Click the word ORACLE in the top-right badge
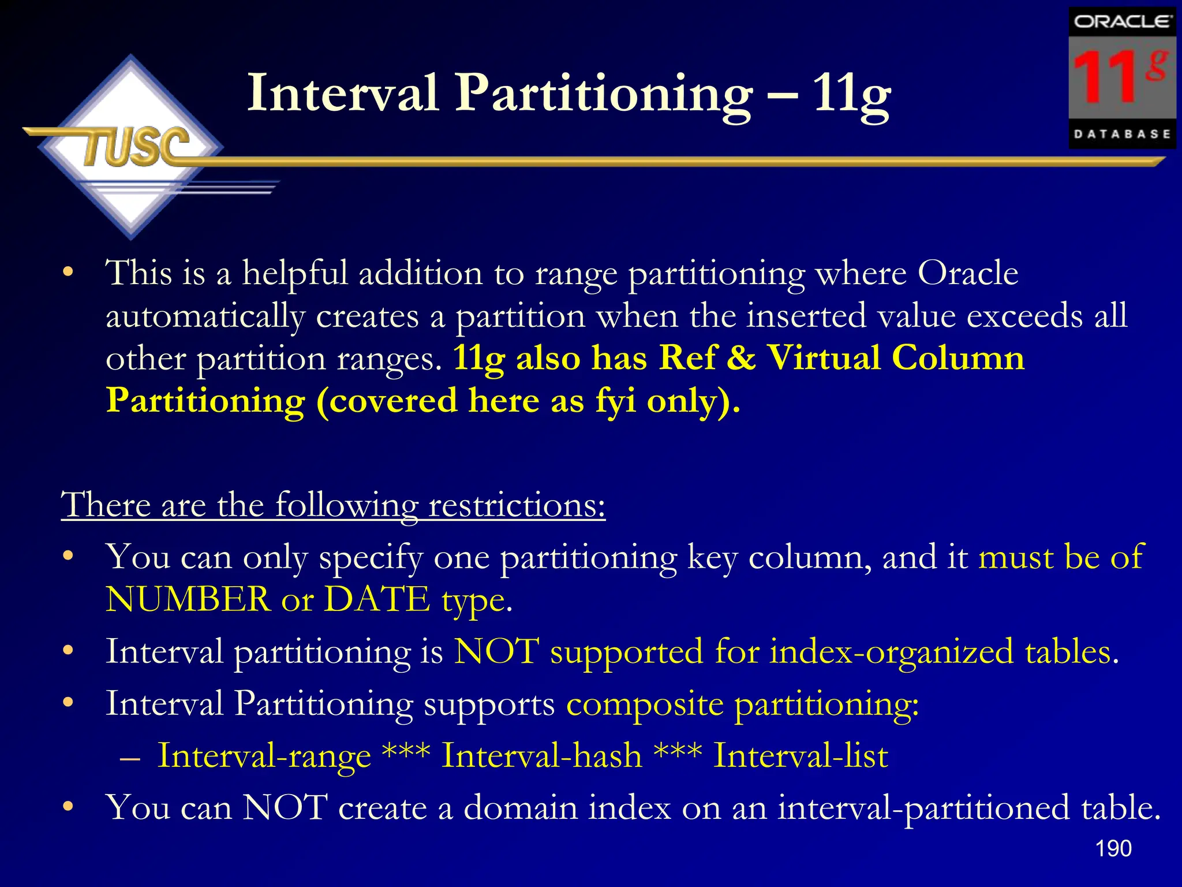1121,21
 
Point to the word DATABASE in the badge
1122,134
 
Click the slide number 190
1113,848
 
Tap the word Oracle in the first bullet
968,273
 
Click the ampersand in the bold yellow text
740,357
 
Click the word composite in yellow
645,704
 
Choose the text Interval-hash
541,755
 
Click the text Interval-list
801,755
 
